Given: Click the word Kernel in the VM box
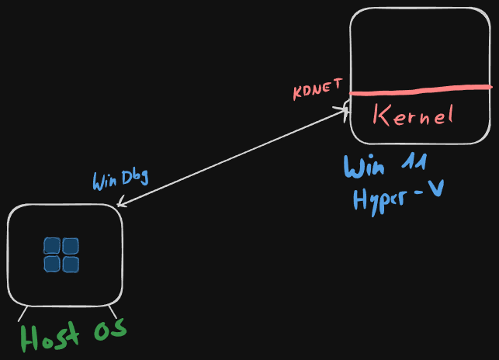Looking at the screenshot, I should (412, 116).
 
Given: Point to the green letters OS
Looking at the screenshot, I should (110, 331).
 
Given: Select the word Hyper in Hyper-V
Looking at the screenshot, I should (381, 199).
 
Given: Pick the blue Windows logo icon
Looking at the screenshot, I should (61, 255).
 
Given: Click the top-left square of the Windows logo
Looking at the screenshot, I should (53, 247).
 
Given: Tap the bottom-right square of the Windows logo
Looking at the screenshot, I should (71, 265).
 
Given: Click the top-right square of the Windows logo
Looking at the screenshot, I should (71, 247).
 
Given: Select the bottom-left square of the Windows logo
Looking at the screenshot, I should (53, 265).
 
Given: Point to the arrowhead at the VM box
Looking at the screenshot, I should (346, 110).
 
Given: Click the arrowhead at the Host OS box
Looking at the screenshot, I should (119, 206).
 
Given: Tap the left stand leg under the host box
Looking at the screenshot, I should (23, 312).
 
